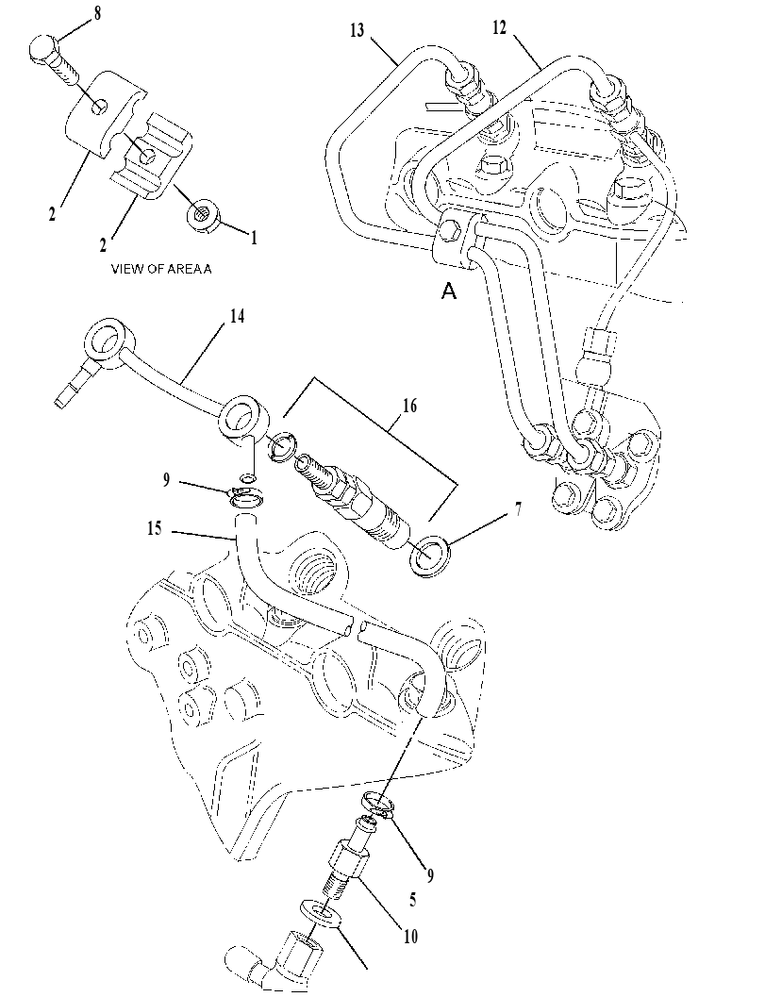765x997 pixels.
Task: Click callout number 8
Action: (96, 14)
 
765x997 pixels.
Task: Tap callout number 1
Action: (255, 239)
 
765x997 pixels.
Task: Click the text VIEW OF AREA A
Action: (161, 269)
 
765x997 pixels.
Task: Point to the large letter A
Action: (449, 291)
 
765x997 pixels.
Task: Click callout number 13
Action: (358, 30)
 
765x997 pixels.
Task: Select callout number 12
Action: (500, 28)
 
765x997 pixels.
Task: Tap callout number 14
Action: (237, 316)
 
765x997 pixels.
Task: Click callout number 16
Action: (410, 405)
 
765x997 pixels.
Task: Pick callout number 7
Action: (518, 509)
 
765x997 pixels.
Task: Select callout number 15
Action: (154, 528)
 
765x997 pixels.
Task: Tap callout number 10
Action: (410, 936)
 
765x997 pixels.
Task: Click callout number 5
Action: (412, 900)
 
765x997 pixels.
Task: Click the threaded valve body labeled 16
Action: (351, 497)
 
